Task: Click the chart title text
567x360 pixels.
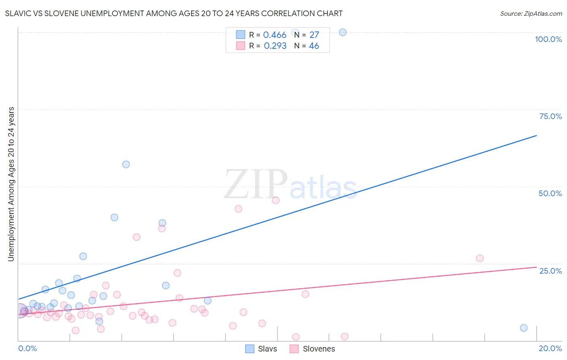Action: click(x=173, y=13)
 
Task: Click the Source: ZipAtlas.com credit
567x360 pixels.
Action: click(x=531, y=13)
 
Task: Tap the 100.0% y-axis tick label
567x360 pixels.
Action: click(x=548, y=39)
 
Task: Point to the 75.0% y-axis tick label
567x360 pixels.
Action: click(x=550, y=116)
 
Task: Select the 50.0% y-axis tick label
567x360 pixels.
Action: click(x=550, y=193)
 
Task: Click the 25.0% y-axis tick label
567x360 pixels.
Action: click(x=550, y=270)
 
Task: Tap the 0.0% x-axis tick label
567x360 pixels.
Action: click(x=27, y=348)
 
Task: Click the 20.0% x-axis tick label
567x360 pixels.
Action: click(x=550, y=348)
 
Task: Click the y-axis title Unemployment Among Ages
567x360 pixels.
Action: click(x=11, y=184)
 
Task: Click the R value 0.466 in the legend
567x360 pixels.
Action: click(x=275, y=35)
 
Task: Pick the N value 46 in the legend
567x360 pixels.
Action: click(x=314, y=46)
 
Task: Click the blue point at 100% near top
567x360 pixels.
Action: click(x=343, y=32)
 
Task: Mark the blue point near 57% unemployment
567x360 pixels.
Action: click(x=126, y=164)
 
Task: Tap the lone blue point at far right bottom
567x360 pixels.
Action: click(x=523, y=328)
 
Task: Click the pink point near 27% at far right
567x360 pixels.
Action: click(x=479, y=258)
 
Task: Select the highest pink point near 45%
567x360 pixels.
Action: click(x=275, y=200)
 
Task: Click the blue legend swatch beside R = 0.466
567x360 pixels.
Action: click(x=240, y=35)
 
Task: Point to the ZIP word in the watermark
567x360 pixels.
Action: click(x=255, y=185)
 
